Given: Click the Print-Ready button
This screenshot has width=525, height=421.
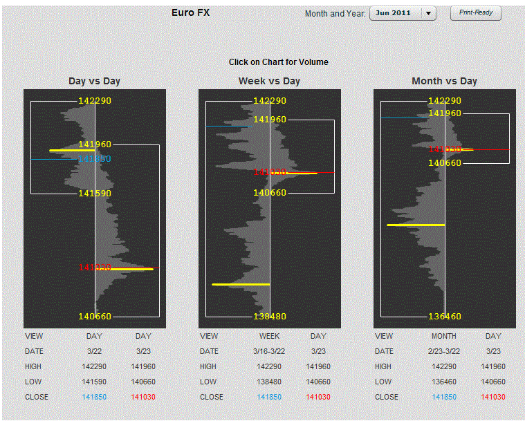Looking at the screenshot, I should [475, 13].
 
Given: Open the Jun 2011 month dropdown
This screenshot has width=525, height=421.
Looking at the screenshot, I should [403, 13].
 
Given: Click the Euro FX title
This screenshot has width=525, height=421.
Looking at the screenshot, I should [190, 12].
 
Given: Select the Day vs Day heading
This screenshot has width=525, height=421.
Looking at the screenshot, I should [94, 81].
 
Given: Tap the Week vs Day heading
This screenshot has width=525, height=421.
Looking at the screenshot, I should [269, 81].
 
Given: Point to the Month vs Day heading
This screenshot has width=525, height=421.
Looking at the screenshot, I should [444, 81].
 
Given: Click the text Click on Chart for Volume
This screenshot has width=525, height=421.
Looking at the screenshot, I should [278, 62].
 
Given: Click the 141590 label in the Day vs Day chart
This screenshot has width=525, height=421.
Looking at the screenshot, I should [94, 194].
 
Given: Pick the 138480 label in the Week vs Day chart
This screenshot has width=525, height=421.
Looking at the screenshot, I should [269, 317].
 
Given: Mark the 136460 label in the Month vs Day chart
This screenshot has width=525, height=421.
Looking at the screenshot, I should [444, 317].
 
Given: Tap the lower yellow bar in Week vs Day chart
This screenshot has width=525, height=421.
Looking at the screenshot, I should [241, 284].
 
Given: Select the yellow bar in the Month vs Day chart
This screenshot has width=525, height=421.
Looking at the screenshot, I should [416, 225].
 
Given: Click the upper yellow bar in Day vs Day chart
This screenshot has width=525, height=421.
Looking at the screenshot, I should [71, 150].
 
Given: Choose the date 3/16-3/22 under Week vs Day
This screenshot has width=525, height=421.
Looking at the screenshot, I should [269, 351].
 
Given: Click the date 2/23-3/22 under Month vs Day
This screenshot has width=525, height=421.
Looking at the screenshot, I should [444, 351].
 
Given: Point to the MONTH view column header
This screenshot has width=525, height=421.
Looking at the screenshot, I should [444, 336].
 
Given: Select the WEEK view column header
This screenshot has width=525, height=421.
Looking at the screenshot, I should [269, 336].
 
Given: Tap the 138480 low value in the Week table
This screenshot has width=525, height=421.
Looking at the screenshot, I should [269, 382].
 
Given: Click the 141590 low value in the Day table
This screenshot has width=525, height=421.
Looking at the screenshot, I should [94, 382].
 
